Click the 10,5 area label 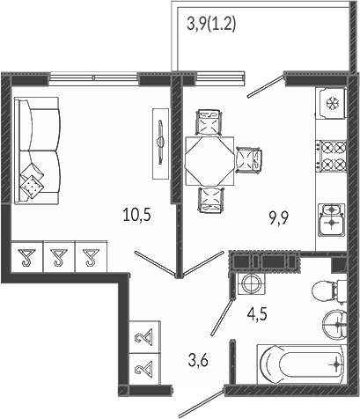(137, 215)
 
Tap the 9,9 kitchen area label (279, 218)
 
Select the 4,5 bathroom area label (257, 315)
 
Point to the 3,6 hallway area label (198, 360)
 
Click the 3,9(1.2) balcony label (211, 24)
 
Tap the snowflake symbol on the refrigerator (333, 103)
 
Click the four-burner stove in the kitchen (331, 156)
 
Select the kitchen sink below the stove (332, 219)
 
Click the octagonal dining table (209, 161)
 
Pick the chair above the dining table (209, 122)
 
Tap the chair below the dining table (210, 200)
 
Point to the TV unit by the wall (161, 143)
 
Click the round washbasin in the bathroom (334, 325)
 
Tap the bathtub (301, 364)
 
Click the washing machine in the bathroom (251, 283)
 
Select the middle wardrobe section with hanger (59, 257)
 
